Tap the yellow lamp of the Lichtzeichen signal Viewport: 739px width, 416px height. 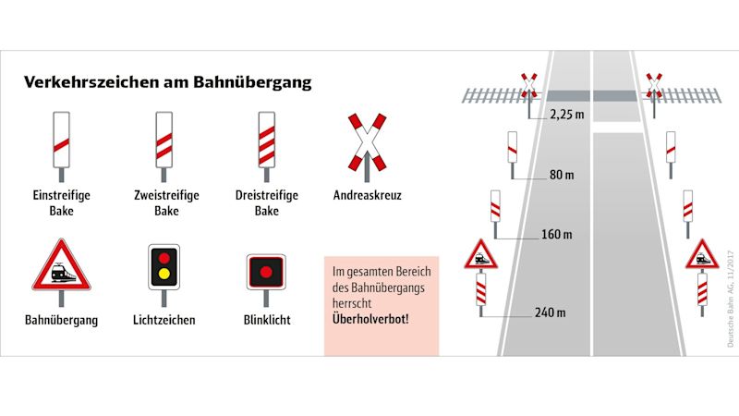tap(164, 274)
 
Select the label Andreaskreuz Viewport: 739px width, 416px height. tap(367, 196)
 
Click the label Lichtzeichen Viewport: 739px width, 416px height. tap(164, 321)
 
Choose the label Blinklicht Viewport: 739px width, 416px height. tap(266, 321)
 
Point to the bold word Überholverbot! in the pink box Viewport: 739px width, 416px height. tap(371, 318)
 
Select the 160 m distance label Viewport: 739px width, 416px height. tap(558, 234)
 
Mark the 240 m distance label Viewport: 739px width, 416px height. tap(552, 312)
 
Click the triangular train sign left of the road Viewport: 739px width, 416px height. tap(480, 254)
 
